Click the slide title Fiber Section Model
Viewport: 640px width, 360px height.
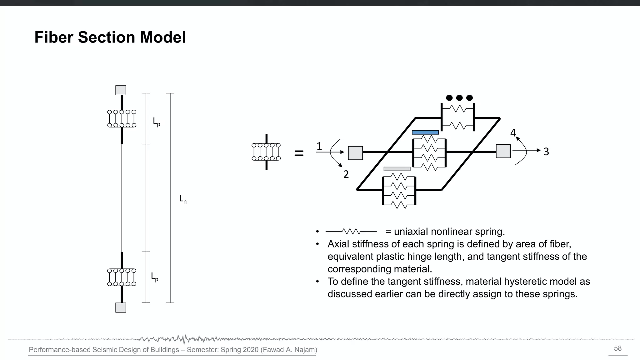click(110, 37)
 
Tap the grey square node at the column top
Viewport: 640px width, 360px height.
click(121, 90)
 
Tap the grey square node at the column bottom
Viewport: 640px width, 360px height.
click(121, 307)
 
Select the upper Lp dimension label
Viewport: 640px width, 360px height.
click(156, 122)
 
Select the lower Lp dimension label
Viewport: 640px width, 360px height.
click(154, 277)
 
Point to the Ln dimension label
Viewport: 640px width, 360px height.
click(183, 199)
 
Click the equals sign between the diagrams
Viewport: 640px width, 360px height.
click(299, 153)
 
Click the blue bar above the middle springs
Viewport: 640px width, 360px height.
click(425, 132)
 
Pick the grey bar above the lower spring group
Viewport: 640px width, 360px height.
click(397, 169)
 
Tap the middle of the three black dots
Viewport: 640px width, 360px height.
click(459, 98)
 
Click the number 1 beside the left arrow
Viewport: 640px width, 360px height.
click(319, 146)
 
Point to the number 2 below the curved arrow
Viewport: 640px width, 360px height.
click(346, 174)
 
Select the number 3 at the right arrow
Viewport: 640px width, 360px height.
click(546, 152)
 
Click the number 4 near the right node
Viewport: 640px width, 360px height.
click(513, 133)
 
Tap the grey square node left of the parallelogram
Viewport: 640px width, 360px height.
click(355, 153)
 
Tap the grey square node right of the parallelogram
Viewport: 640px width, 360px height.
click(503, 151)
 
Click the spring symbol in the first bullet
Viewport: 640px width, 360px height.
click(351, 232)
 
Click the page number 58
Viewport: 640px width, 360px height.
click(617, 348)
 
